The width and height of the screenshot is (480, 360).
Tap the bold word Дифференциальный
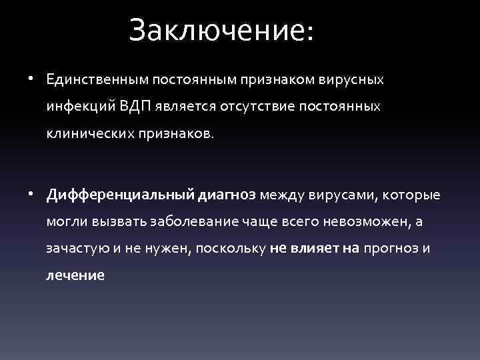point(121,195)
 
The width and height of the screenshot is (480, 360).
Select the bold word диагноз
point(227,195)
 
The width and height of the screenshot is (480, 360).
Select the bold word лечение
point(75,275)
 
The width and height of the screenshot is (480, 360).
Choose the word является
point(189,106)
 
